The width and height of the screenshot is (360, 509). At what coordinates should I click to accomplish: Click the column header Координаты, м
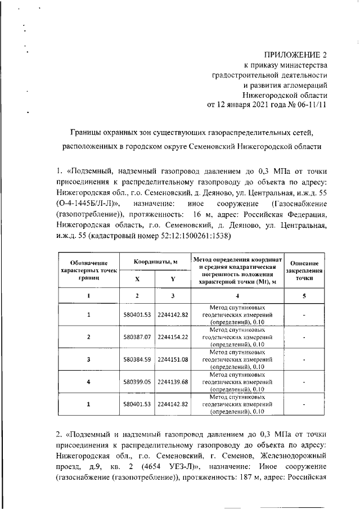tap(156, 262)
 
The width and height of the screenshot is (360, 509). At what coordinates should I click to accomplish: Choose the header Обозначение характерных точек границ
tap(89, 270)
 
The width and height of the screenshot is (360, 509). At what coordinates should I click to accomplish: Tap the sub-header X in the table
tap(138, 279)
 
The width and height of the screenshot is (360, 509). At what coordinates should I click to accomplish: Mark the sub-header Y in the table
tap(173, 279)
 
